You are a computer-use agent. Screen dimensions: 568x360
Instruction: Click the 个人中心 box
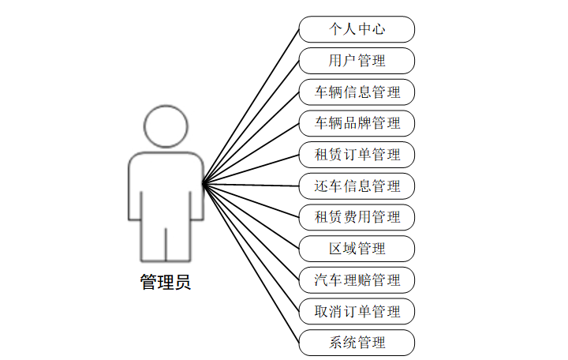pos(357,29)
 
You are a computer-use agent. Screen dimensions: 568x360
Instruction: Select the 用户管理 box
pos(357,61)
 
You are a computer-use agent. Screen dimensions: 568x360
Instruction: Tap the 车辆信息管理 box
pos(357,92)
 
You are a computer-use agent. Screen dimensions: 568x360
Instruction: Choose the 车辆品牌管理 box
pos(357,123)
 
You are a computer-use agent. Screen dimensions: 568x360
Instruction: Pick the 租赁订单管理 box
pos(357,154)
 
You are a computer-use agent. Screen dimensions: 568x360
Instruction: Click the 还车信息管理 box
pos(357,186)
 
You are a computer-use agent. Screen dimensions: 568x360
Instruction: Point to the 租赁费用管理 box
pos(357,216)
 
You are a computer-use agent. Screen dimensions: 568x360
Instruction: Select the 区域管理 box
pos(357,248)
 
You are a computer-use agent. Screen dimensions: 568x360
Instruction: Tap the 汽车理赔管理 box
pos(357,279)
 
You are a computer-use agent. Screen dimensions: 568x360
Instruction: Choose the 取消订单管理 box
pos(357,310)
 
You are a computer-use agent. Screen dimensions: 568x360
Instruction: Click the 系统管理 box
pos(357,342)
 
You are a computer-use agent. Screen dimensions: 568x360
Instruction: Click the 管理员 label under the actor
pos(166,282)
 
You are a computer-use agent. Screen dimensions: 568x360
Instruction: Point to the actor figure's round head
pos(166,126)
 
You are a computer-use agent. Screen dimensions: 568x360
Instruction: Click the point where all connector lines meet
pos(203,185)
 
